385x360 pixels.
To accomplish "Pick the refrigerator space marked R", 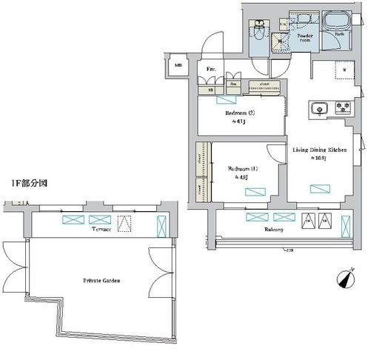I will [x=344, y=70].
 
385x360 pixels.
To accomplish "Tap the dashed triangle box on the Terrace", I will [x=127, y=221].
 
